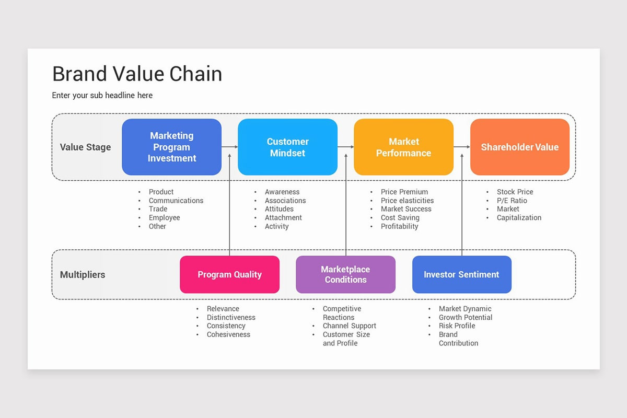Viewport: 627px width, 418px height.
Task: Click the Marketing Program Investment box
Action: tap(171, 147)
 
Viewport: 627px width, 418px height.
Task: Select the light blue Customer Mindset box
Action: tap(287, 147)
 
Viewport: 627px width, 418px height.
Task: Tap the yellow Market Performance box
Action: tap(403, 147)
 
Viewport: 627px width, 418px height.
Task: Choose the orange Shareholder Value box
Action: tap(519, 147)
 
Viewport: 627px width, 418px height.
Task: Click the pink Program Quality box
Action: tap(229, 274)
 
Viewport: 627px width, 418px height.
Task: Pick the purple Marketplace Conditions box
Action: tap(345, 274)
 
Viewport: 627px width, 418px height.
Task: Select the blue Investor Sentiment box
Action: tap(461, 274)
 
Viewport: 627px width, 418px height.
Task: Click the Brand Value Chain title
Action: tap(137, 74)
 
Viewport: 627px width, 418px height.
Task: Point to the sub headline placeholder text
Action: tap(102, 95)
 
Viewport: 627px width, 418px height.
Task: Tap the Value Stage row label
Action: tap(85, 147)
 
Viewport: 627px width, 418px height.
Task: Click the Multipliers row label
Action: tap(83, 274)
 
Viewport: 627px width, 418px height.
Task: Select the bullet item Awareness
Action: tap(282, 192)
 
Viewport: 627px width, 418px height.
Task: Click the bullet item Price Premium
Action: tap(404, 192)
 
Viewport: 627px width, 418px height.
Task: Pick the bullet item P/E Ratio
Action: tap(512, 201)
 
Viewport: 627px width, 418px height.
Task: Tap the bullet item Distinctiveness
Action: tap(231, 317)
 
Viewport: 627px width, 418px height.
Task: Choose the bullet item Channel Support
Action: tap(349, 326)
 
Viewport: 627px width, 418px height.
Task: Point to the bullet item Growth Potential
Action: tap(465, 317)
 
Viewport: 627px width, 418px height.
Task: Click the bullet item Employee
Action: tap(164, 217)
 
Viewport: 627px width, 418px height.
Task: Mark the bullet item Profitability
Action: tap(399, 226)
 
